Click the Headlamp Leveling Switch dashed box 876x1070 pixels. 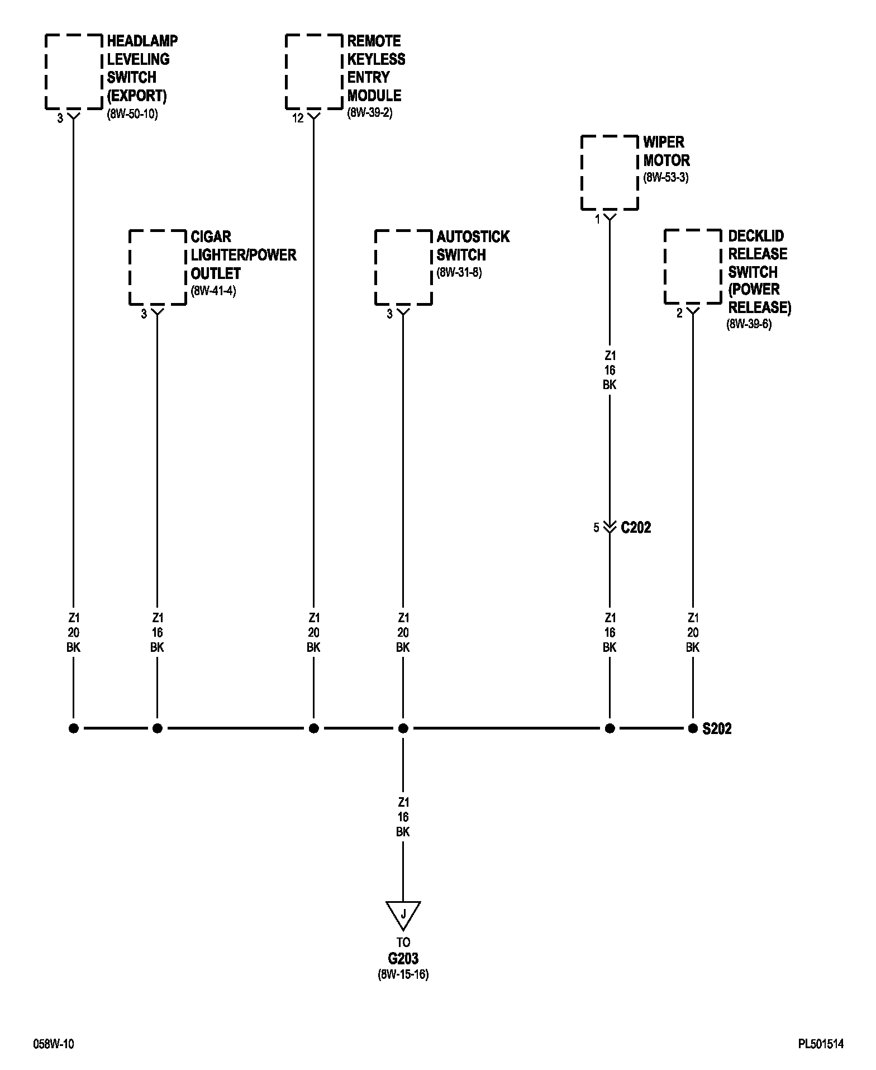pos(74,72)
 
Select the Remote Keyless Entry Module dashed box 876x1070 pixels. pos(314,72)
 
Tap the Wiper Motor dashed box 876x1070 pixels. pos(610,172)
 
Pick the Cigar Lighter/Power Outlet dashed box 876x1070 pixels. pos(158,267)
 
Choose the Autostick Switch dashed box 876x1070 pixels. pos(403,267)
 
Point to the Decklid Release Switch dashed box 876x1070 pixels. pos(693,267)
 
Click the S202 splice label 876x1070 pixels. pos(717,729)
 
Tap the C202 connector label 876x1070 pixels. pos(636,528)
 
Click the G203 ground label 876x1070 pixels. pos(403,959)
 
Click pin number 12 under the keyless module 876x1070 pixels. pos(298,119)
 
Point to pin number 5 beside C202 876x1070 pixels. pos(596,528)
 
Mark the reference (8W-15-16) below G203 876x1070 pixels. pos(403,974)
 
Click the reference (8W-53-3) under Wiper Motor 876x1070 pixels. pos(666,178)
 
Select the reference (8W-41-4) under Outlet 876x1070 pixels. pos(213,291)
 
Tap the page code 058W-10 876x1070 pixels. pos(54,1044)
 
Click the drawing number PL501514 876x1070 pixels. pos(820,1044)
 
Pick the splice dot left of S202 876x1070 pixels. pos(693,728)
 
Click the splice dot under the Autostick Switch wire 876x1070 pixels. pos(403,728)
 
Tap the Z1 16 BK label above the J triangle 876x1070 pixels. pos(403,817)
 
